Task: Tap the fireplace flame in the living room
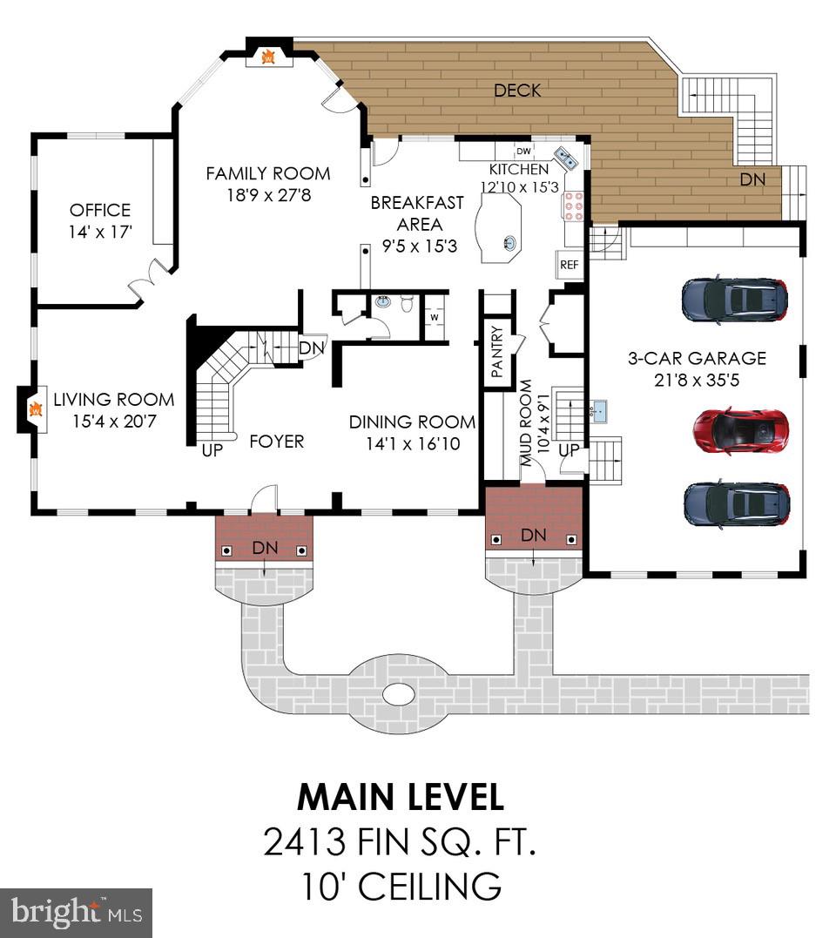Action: [x=34, y=408]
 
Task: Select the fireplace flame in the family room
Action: [x=269, y=57]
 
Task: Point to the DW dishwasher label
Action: [x=523, y=151]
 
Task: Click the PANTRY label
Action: [x=496, y=351]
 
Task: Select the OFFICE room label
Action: [x=100, y=210]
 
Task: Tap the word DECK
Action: [x=517, y=90]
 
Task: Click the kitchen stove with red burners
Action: [x=575, y=206]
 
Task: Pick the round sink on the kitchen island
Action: [x=509, y=243]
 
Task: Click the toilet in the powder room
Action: [x=407, y=304]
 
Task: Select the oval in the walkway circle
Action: [x=399, y=694]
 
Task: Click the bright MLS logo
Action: [x=76, y=912]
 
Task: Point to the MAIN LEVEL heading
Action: [x=400, y=797]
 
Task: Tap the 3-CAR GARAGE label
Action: [x=697, y=358]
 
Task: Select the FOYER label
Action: [x=276, y=442]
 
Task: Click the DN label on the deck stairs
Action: [x=753, y=179]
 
